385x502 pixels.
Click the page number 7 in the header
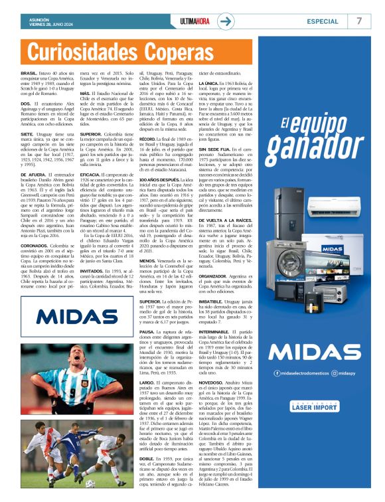[x=359, y=21]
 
